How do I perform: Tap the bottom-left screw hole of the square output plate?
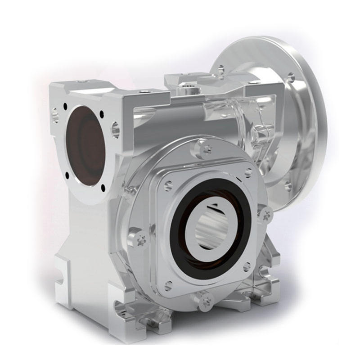[168, 284]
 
